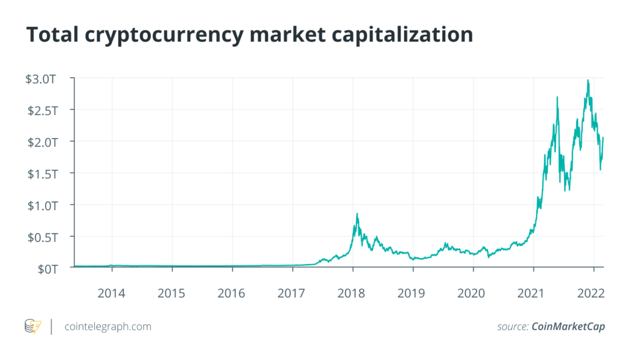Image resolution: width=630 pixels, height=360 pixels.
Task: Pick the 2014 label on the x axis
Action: (112, 293)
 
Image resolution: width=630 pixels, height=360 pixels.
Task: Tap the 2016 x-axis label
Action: (232, 293)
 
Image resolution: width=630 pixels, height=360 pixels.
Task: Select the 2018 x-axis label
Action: (352, 293)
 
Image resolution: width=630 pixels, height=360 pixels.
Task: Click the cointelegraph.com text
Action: (107, 326)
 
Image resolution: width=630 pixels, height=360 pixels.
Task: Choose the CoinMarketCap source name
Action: (568, 326)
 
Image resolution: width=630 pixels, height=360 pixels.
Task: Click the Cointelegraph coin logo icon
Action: (33, 326)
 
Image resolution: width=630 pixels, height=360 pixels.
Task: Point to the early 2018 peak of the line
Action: (357, 214)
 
